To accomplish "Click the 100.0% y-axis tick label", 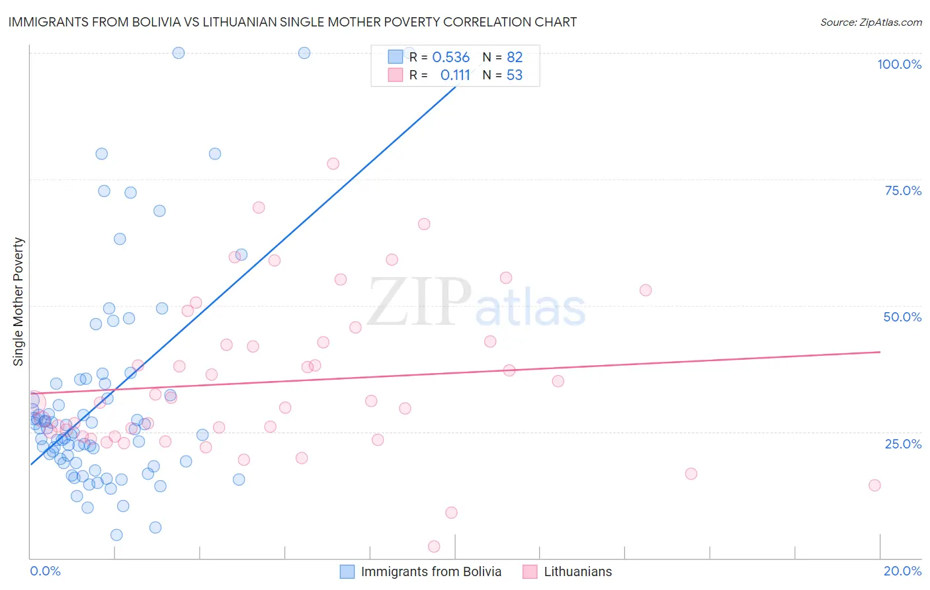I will click(x=899, y=64).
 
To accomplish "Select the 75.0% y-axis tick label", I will click(x=903, y=190).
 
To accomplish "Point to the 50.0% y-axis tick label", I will click(x=902, y=317).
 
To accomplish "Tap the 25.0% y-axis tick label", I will click(x=903, y=444).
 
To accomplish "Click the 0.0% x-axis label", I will click(x=45, y=571).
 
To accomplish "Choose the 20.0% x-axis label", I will click(x=902, y=571).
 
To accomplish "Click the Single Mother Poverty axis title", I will click(x=19, y=302).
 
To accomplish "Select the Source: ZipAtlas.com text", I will click(x=870, y=22).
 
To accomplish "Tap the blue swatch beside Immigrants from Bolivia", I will click(x=347, y=571).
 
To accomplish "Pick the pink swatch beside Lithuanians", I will click(x=530, y=571).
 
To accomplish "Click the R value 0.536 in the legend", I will click(x=450, y=58).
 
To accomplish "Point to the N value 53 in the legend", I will click(x=514, y=75).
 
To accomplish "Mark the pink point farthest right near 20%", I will click(x=874, y=485).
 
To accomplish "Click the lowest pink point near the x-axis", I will click(x=434, y=546).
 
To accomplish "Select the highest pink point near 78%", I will click(x=333, y=163).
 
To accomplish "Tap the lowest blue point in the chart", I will click(x=116, y=535).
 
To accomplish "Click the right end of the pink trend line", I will click(x=880, y=352).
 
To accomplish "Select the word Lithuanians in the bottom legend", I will click(x=577, y=571).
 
